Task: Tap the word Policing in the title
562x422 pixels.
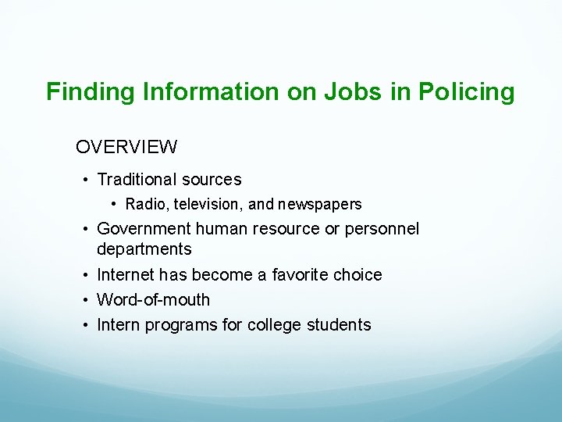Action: click(467, 92)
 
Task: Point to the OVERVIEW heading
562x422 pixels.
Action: click(126, 146)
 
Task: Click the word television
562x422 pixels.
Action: click(205, 205)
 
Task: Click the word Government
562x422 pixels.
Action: click(144, 229)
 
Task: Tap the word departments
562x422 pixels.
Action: click(144, 249)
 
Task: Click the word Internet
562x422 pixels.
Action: click(126, 275)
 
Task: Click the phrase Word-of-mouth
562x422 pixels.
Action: click(154, 300)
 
